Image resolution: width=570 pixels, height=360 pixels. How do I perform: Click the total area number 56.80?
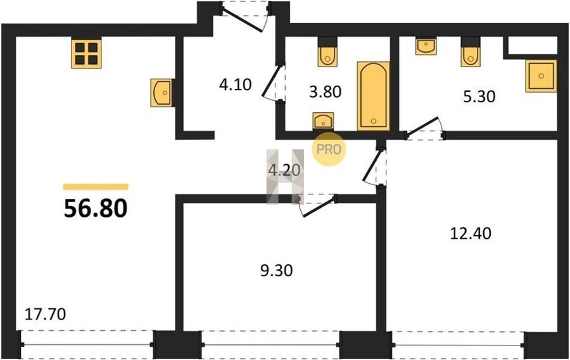click(96, 209)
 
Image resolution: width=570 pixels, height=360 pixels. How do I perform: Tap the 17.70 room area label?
click(45, 314)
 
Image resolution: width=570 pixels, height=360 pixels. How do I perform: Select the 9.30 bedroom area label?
click(277, 271)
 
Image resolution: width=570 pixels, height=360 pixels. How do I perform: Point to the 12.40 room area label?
click(471, 233)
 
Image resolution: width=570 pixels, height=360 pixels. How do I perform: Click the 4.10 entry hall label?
click(235, 85)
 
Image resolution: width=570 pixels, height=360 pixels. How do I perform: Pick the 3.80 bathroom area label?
click(326, 92)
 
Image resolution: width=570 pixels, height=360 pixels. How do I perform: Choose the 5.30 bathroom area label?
click(479, 97)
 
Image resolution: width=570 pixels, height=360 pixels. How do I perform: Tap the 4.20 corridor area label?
click(284, 170)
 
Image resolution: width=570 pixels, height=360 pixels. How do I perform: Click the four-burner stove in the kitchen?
click(86, 53)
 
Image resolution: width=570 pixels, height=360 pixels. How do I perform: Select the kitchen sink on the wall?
click(161, 93)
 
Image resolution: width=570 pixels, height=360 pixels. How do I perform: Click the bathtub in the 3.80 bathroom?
click(373, 96)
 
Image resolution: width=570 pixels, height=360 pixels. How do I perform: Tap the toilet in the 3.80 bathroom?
click(327, 52)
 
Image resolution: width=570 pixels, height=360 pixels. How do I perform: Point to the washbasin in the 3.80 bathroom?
click(323, 121)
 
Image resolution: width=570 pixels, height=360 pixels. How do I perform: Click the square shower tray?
click(541, 76)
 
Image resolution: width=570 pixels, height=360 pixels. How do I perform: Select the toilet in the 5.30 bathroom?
click(471, 52)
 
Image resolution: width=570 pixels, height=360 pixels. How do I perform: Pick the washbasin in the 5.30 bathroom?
click(426, 46)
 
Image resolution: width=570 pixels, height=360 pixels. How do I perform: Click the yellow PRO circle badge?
click(328, 149)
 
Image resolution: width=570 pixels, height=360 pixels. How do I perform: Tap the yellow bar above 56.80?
click(96, 187)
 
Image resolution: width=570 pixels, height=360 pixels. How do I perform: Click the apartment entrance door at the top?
click(245, 17)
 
